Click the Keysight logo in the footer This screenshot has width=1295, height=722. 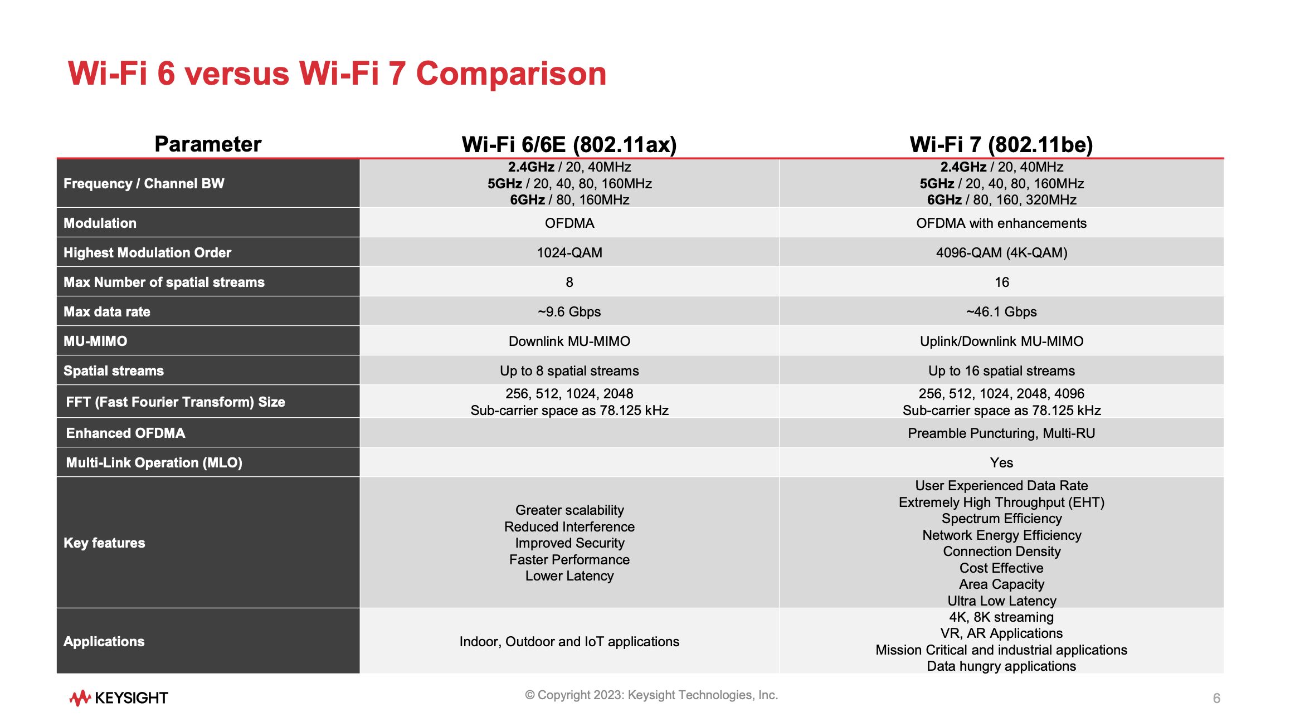(119, 697)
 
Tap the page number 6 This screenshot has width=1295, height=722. (1216, 698)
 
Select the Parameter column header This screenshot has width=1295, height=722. (207, 144)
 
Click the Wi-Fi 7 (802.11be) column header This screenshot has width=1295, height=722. (1001, 144)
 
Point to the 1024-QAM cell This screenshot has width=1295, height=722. (569, 253)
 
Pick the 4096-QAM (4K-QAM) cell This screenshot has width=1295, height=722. (1001, 253)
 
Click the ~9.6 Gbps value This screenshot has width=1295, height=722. (569, 312)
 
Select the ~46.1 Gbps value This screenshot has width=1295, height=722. (1001, 312)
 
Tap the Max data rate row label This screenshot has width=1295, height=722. (107, 312)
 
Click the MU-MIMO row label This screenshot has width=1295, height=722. (95, 342)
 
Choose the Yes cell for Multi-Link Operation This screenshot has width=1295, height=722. (1001, 463)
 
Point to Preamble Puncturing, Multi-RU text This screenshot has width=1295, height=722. (1001, 433)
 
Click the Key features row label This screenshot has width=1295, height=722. (104, 543)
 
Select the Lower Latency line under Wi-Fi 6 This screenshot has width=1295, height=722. (569, 576)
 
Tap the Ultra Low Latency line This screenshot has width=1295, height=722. (1001, 601)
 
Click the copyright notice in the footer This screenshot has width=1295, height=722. (651, 695)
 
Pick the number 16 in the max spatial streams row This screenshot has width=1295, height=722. (1001, 282)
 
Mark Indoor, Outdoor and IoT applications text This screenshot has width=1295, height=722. (569, 642)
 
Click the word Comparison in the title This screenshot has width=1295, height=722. (511, 74)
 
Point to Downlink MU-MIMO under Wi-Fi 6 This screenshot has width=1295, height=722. (569, 342)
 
